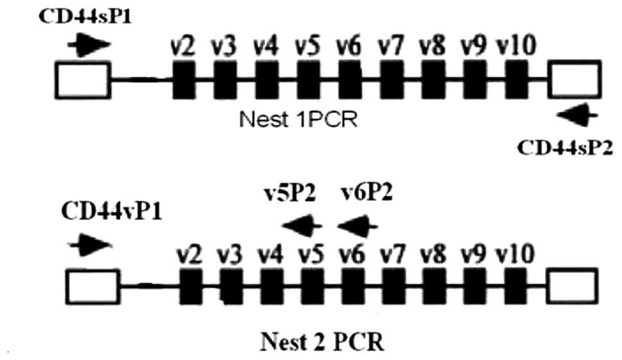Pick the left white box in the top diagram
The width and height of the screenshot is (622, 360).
click(82, 79)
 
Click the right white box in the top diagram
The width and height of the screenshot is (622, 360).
click(576, 79)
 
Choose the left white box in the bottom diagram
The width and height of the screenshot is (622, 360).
click(92, 286)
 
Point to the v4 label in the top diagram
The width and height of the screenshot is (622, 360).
click(266, 47)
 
